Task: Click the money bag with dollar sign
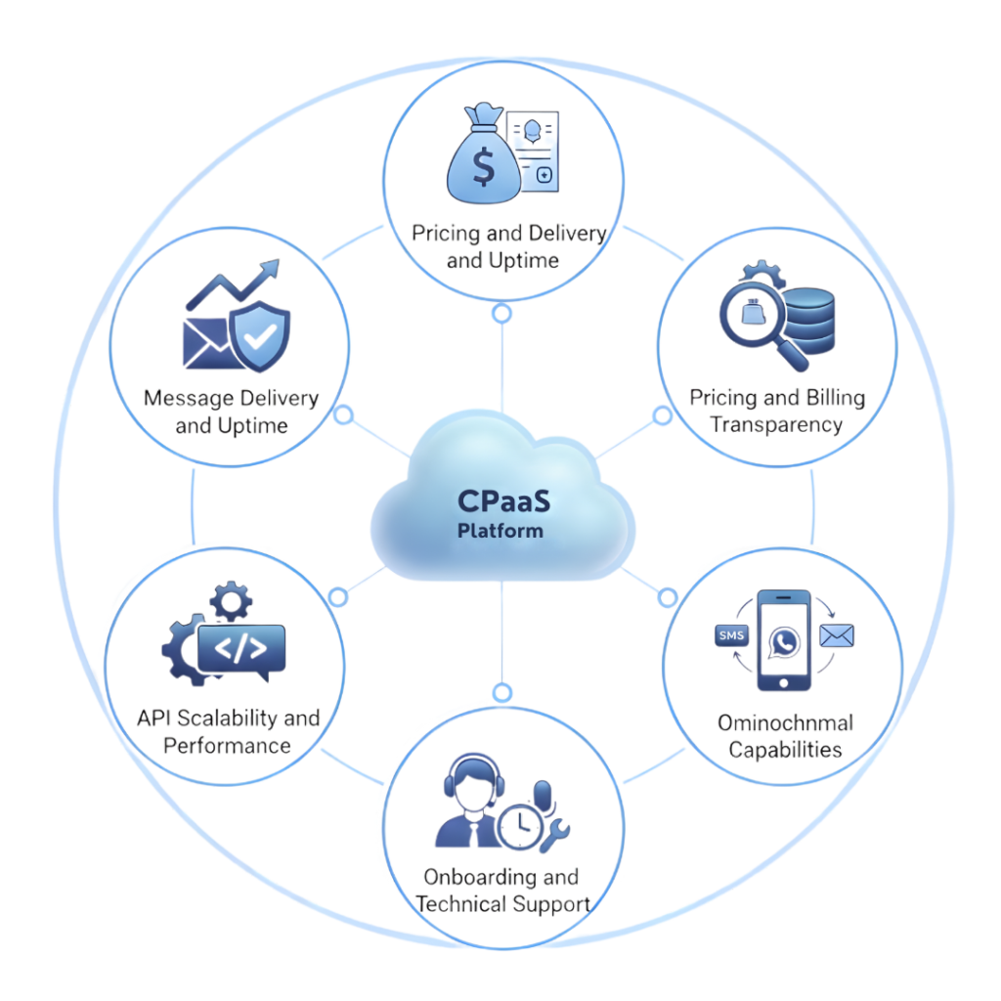point(482,161)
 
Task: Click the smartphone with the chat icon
point(784,640)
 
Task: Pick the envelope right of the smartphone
point(837,636)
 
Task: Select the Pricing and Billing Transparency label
point(777,411)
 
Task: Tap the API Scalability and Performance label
point(228,732)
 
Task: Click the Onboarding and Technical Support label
point(500,890)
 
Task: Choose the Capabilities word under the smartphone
point(785,750)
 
